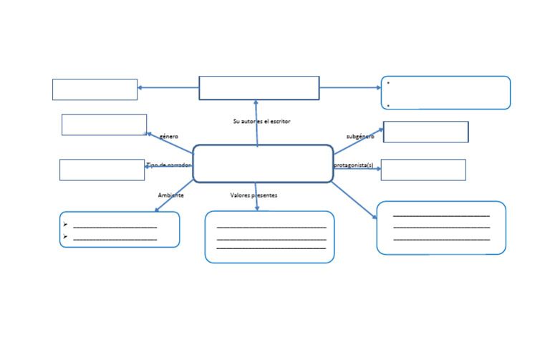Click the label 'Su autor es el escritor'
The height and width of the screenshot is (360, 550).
261,122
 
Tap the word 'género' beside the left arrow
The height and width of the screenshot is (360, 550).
169,136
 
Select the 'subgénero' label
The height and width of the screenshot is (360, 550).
360,136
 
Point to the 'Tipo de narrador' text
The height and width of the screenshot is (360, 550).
168,165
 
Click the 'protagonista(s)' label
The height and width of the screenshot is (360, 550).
354,165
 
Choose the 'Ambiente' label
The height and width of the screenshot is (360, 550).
170,195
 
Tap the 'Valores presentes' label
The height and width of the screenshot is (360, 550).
254,195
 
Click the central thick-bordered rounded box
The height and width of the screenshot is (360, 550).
263,163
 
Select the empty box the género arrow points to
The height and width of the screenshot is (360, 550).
104,125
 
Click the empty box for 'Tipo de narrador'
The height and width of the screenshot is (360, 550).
102,170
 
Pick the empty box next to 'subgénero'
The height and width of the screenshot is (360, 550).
425,132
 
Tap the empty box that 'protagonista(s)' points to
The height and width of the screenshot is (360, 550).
423,170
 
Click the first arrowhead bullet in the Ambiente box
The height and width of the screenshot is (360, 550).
65,225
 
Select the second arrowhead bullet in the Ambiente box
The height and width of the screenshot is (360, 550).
65,236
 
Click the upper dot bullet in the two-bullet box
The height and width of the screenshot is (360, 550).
388,83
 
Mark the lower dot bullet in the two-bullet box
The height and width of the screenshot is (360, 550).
388,105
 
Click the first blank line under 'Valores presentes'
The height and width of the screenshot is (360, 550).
271,227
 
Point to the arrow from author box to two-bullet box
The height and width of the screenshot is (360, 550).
350,88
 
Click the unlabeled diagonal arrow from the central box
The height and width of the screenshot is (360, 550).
354,200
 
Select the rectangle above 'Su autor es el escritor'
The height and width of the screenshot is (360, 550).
259,88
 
